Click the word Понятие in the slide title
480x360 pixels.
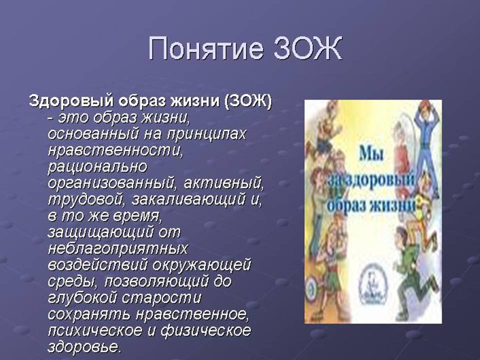[x=205, y=48]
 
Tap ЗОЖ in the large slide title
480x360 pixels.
[x=307, y=48]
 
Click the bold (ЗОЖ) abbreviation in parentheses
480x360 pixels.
[x=248, y=101]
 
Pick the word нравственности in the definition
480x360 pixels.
[x=115, y=150]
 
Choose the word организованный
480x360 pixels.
[x=113, y=183]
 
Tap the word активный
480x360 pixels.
[x=223, y=183]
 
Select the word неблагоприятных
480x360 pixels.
[x=117, y=249]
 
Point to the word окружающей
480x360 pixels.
[x=201, y=265]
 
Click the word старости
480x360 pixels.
[x=161, y=298]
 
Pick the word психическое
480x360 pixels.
[x=95, y=331]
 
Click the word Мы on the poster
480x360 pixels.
[x=370, y=153]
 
